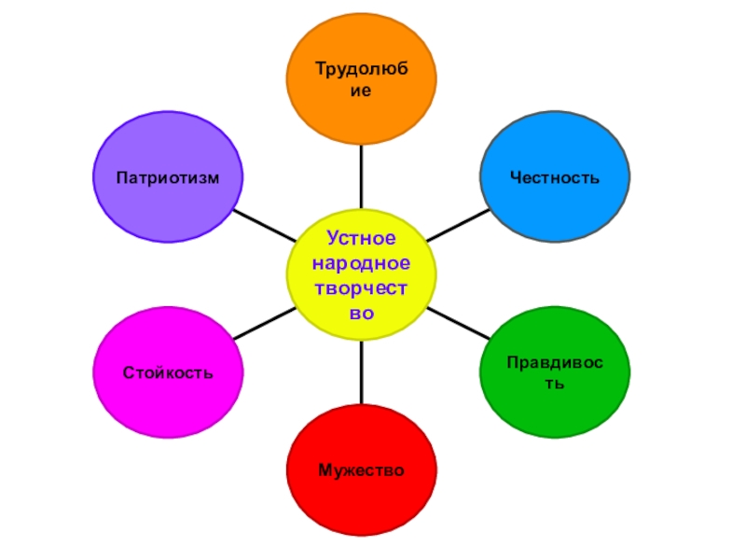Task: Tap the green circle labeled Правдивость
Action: coord(555,373)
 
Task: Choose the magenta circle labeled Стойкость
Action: coord(168,373)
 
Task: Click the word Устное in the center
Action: coord(361,240)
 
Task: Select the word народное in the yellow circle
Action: coord(361,264)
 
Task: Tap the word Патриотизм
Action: coord(168,177)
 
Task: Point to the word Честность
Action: coord(555,177)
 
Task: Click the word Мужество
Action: coord(361,469)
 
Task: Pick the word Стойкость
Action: coord(168,373)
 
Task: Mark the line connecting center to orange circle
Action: coord(361,177)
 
